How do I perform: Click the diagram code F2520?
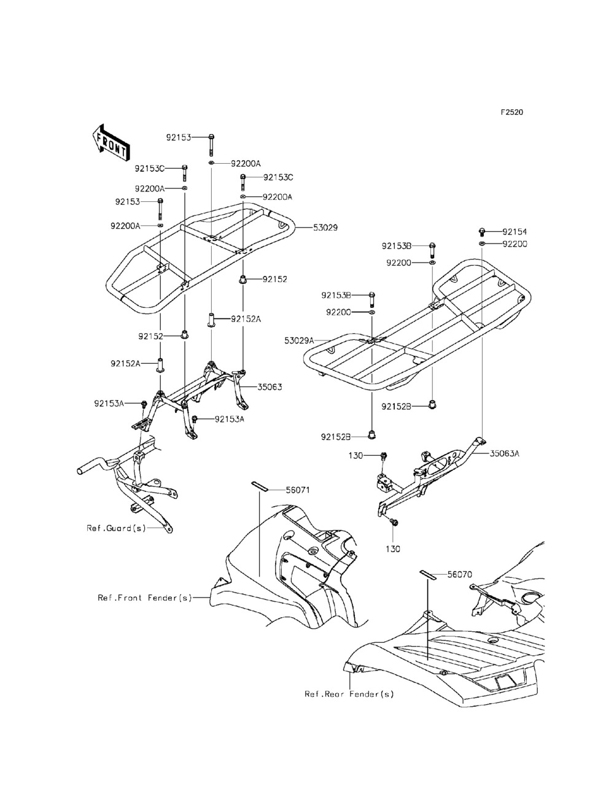pos(511,112)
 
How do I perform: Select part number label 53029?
pos(325,228)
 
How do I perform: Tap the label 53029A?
pos(299,340)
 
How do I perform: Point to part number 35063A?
pos(505,454)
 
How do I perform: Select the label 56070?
pos(459,575)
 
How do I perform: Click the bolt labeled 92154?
pos(482,231)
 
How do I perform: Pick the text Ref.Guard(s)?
pos(116,528)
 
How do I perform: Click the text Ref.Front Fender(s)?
pos(145,597)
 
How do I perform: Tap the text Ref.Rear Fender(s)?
pos(349,694)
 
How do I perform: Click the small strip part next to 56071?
pos(259,485)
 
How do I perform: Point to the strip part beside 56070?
pos(427,574)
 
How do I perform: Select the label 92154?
pos(514,232)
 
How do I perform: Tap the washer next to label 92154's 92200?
pos(482,244)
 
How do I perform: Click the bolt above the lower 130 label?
pos(394,522)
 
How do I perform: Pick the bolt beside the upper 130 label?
pos(384,456)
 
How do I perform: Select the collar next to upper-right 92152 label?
pos(243,280)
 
